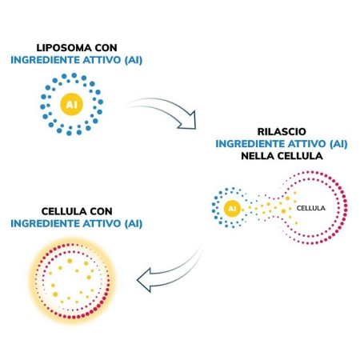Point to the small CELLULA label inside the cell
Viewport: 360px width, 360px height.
(x=311, y=208)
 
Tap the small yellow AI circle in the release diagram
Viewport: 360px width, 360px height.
(x=232, y=209)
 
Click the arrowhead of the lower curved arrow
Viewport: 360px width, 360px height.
(x=146, y=282)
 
